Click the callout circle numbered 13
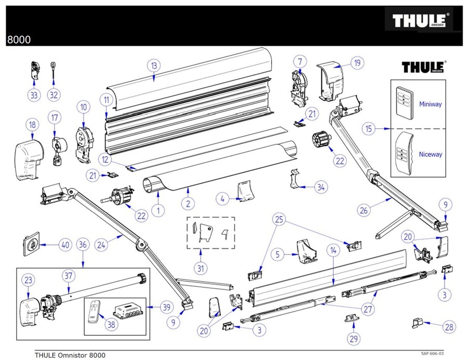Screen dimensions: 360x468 (x=154, y=66)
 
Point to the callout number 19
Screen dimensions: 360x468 (x=357, y=64)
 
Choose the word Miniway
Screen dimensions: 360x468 (x=430, y=104)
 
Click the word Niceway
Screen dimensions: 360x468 (x=430, y=154)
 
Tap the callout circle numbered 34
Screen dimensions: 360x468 (x=322, y=188)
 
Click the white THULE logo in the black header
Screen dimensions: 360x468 (x=422, y=21)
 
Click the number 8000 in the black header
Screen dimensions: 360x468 (x=19, y=39)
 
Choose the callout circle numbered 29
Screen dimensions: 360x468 (x=354, y=339)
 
